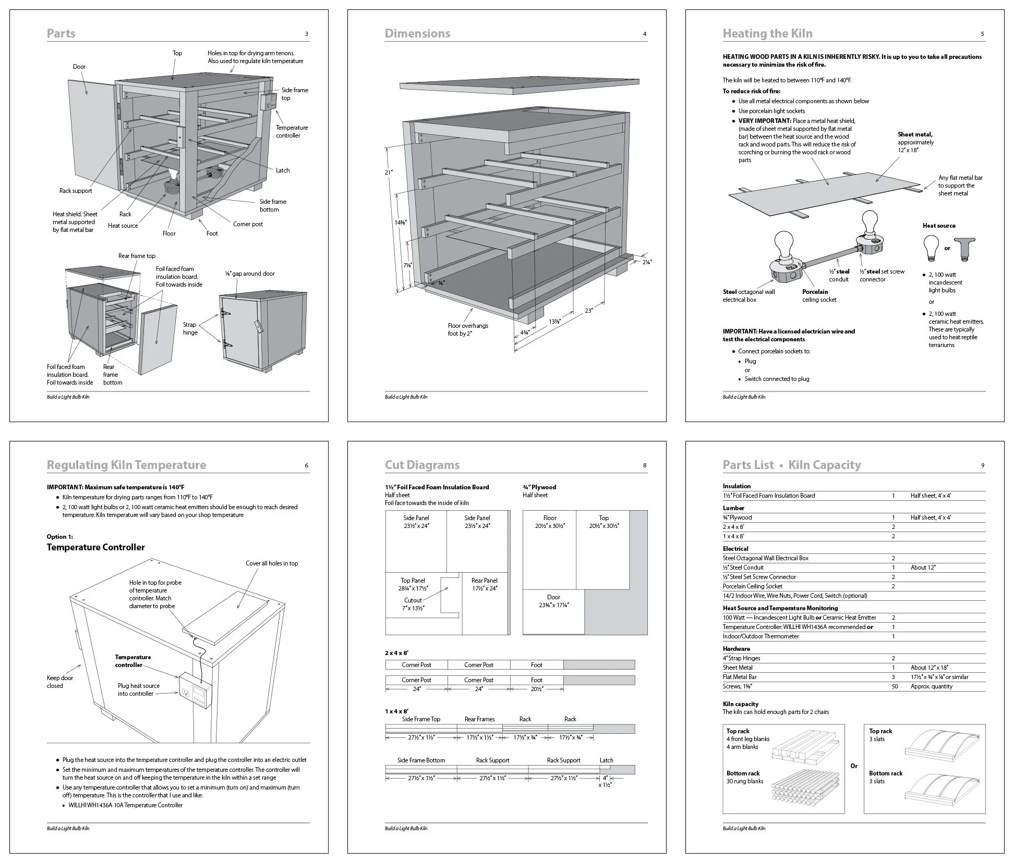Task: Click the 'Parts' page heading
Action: click(61, 33)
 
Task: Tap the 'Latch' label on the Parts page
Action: click(282, 170)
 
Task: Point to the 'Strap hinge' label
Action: click(190, 328)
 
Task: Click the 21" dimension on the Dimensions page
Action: click(388, 172)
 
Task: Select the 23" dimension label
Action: click(589, 311)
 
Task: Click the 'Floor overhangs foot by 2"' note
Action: click(468, 329)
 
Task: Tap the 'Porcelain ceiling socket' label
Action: click(819, 295)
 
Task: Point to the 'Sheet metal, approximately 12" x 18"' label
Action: click(916, 142)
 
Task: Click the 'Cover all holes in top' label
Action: click(272, 563)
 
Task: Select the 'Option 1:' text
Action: click(60, 536)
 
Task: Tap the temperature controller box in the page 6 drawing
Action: click(196, 691)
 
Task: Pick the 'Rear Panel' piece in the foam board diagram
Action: click(484, 584)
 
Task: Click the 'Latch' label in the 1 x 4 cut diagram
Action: click(606, 760)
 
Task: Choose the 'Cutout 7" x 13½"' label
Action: click(413, 604)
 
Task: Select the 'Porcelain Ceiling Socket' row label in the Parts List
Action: click(752, 586)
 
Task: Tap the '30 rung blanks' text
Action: click(744, 781)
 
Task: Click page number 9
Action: click(982, 465)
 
